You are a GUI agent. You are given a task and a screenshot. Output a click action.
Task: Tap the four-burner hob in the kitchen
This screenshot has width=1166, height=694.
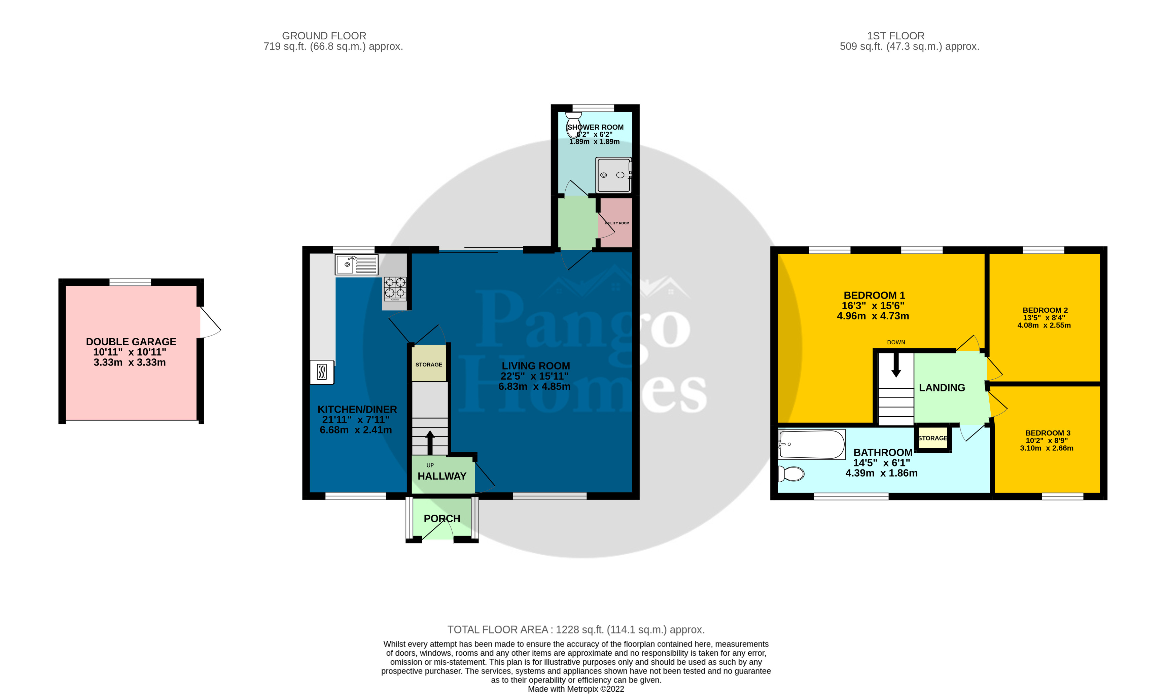coord(395,288)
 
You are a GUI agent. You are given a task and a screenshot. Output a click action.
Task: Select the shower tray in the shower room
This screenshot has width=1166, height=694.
coord(613,175)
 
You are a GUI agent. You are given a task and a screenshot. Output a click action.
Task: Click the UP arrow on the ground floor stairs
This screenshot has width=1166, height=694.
coord(430,442)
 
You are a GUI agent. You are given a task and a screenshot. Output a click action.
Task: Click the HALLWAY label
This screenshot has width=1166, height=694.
coord(442,476)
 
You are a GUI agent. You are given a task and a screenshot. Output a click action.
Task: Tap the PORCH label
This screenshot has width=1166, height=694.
coord(442,519)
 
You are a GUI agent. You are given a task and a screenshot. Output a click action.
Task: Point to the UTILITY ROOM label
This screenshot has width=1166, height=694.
coord(617,223)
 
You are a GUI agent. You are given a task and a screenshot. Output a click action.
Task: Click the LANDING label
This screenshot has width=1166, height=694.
coord(942,388)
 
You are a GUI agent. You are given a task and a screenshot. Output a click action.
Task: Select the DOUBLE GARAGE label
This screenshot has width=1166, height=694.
coord(131,342)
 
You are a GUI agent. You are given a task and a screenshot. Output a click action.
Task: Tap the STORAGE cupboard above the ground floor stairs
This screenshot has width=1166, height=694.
coord(429,364)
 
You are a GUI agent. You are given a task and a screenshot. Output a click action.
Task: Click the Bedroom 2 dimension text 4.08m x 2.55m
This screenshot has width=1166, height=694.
coord(1044,325)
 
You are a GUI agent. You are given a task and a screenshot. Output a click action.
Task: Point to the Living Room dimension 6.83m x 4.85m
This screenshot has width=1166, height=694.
coord(534,387)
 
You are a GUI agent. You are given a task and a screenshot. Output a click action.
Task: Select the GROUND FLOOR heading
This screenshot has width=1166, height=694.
coord(324,36)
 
